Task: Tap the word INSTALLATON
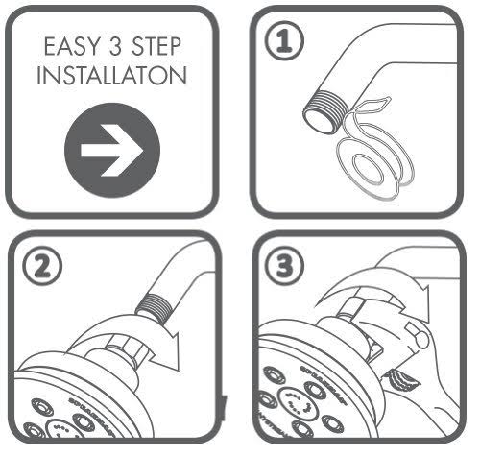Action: (x=108, y=77)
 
